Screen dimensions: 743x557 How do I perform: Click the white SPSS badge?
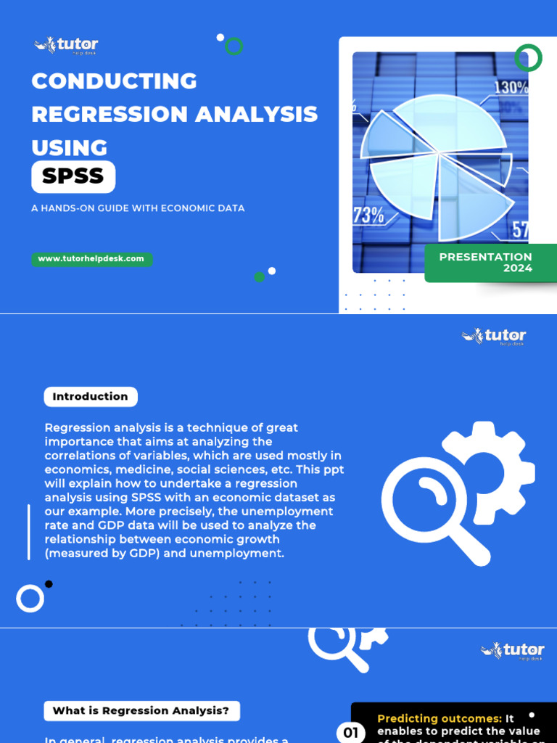(x=73, y=176)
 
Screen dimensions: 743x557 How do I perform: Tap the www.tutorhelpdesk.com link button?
(x=91, y=259)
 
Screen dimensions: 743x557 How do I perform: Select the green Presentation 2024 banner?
(x=490, y=263)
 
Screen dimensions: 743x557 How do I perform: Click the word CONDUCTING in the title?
(x=114, y=81)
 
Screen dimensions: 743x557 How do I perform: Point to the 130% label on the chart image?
(x=511, y=88)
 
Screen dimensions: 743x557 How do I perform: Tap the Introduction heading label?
(x=90, y=397)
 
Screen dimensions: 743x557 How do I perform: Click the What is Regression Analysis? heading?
(x=141, y=711)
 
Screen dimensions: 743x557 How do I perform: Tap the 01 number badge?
(x=351, y=733)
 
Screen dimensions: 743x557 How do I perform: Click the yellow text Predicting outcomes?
(x=440, y=718)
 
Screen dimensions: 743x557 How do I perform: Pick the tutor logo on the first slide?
(x=66, y=45)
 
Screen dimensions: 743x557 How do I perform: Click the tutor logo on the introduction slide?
(x=494, y=336)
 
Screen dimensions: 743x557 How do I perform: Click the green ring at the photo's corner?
(x=529, y=57)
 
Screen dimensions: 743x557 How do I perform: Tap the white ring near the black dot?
(x=30, y=599)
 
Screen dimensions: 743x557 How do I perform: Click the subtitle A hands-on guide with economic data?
(x=138, y=208)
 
